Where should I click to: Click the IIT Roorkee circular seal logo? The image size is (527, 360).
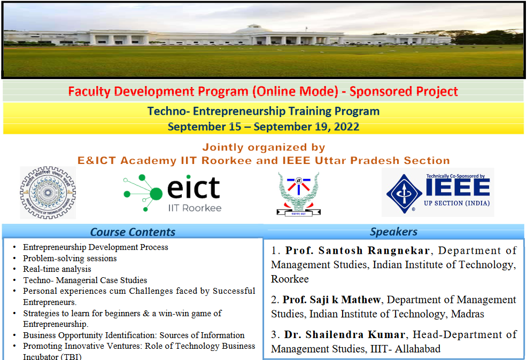tap(48, 193)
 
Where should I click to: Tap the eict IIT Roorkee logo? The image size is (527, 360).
tap(172, 193)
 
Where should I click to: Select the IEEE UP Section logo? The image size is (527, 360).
tap(437, 192)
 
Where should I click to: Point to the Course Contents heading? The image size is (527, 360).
tap(133, 232)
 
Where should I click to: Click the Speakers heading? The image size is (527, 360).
tap(393, 232)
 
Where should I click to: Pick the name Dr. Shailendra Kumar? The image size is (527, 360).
tap(345, 335)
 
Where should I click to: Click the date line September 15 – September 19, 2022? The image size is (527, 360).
tap(263, 127)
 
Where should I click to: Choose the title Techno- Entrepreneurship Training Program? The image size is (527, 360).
tap(263, 112)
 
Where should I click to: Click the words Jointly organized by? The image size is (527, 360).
tap(263, 147)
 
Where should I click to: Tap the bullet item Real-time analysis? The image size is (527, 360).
tap(57, 269)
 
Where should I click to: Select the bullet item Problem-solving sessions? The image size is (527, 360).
tap(69, 259)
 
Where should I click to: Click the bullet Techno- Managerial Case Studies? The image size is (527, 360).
tap(85, 280)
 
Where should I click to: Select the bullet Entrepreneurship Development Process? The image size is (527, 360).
tap(96, 247)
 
